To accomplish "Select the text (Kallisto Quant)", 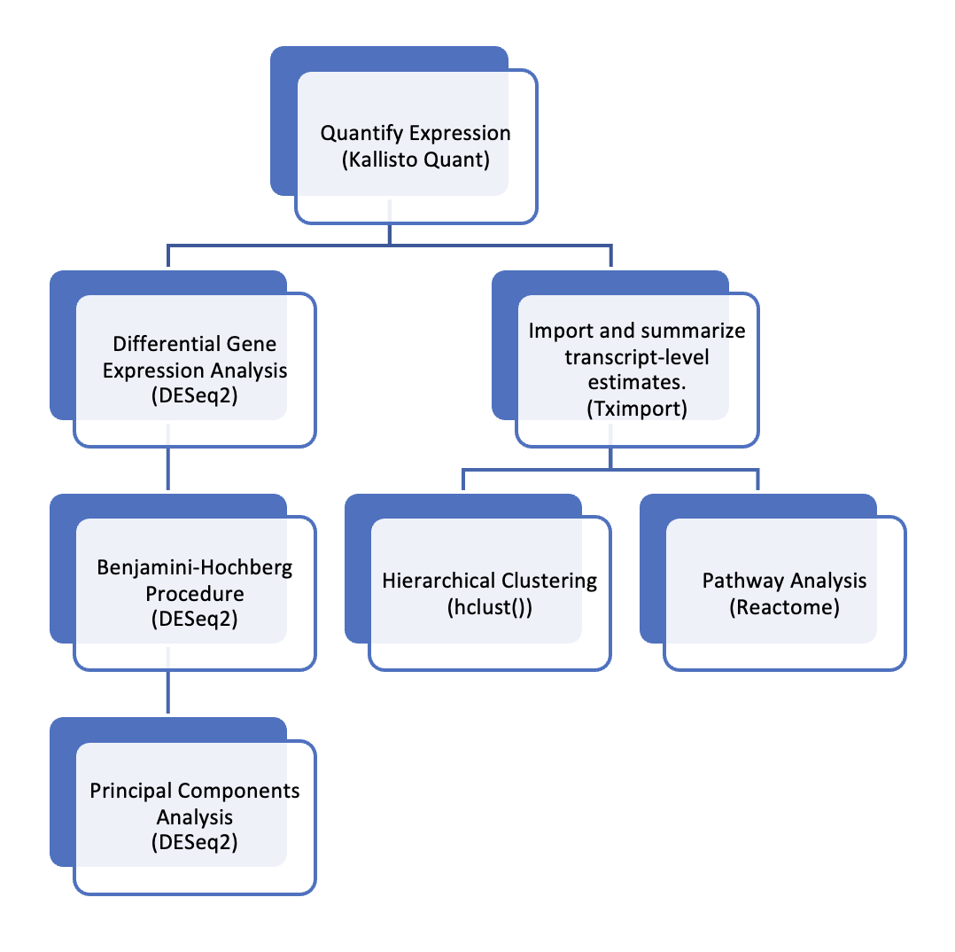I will (415, 161).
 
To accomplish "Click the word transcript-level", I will (637, 355).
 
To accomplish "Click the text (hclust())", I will (490, 608).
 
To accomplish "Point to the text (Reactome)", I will (784, 608).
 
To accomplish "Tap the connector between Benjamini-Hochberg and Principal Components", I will (168, 691).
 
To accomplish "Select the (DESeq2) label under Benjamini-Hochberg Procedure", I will (195, 619).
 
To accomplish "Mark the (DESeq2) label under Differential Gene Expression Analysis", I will (195, 395).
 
